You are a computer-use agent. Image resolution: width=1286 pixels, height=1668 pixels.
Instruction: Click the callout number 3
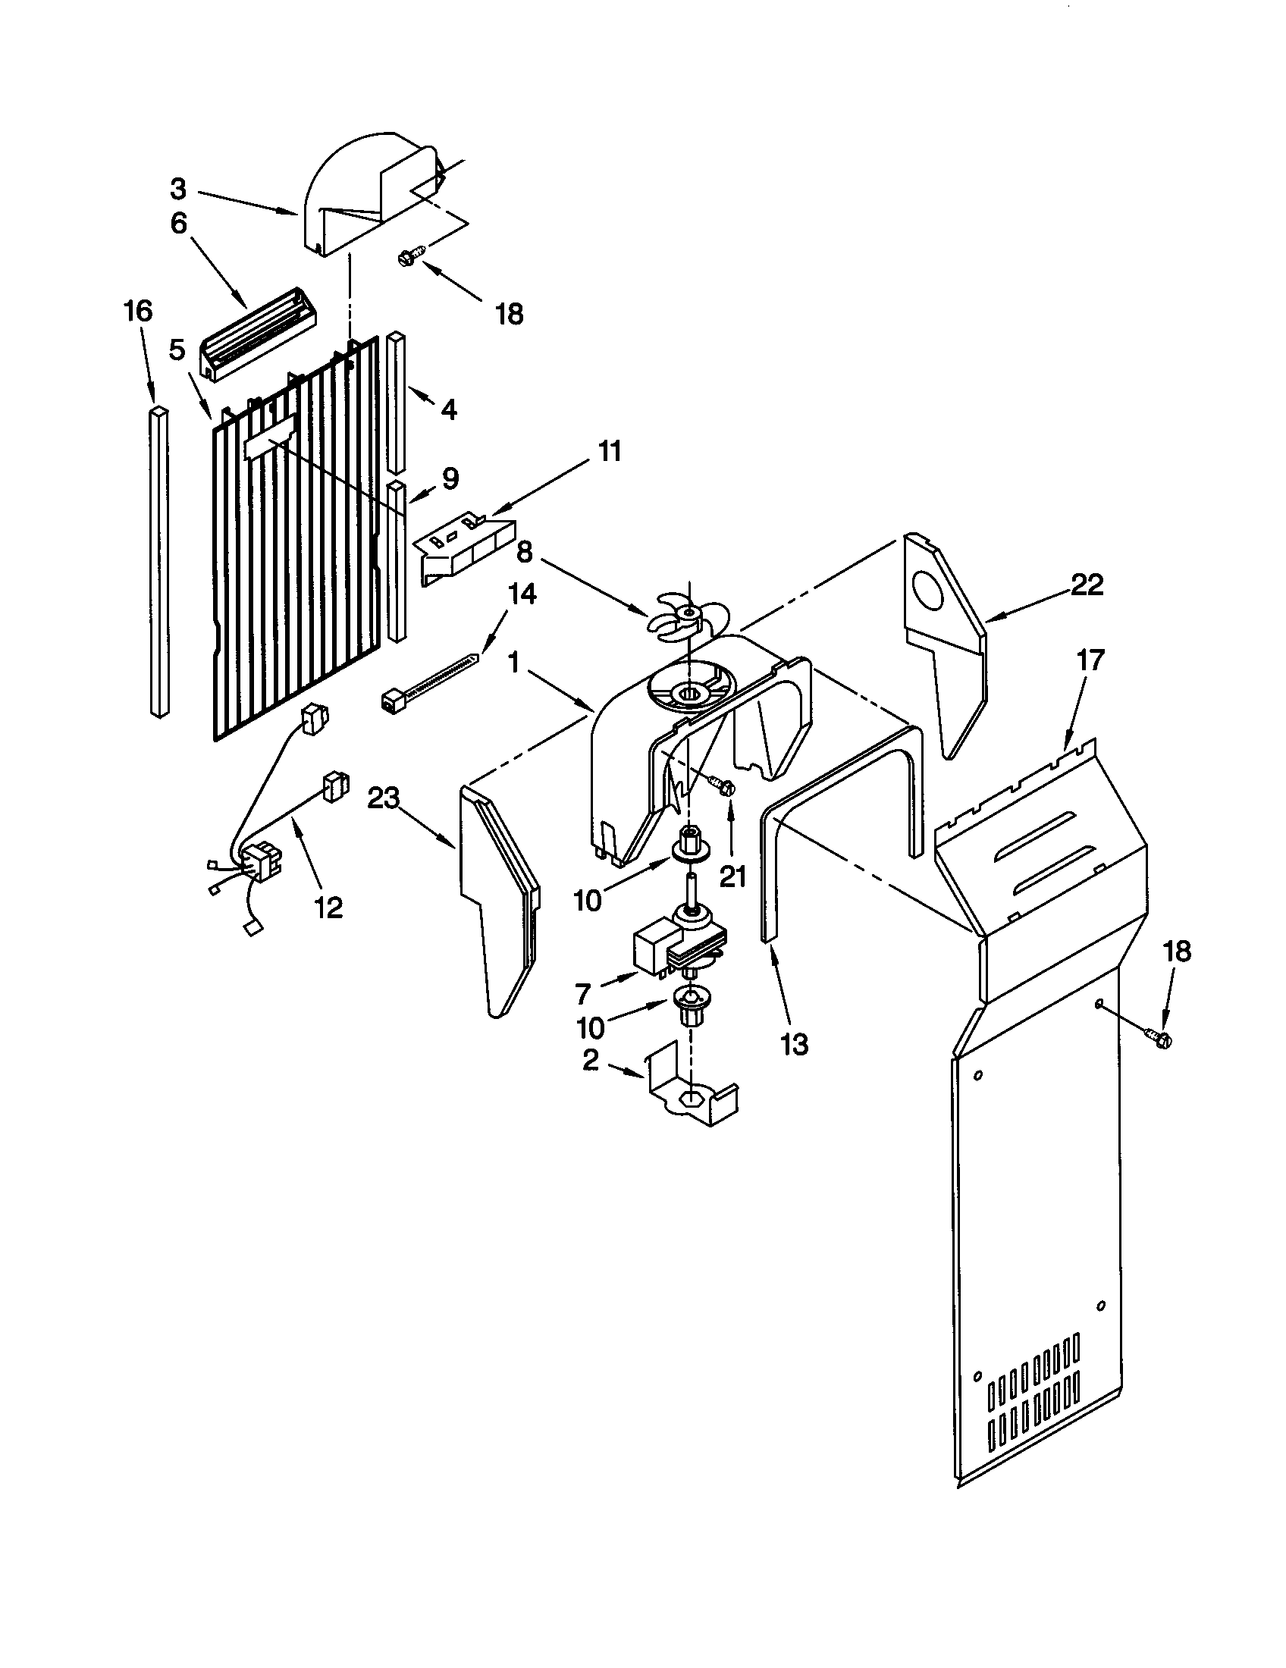click(178, 188)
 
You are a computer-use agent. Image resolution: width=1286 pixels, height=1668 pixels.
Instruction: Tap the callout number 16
click(138, 311)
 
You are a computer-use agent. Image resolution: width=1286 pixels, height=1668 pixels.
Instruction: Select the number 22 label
click(1087, 585)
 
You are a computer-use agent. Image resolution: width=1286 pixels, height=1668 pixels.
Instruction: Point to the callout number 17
click(1090, 659)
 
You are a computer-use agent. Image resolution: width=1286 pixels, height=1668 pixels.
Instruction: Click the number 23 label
click(384, 798)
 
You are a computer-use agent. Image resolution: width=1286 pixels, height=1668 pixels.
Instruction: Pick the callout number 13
click(794, 1044)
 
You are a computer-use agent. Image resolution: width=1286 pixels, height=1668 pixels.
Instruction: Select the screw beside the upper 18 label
click(406, 259)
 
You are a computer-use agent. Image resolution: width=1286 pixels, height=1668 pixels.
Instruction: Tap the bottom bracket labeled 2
click(691, 1103)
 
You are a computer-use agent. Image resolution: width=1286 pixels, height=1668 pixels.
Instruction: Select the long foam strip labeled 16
click(158, 561)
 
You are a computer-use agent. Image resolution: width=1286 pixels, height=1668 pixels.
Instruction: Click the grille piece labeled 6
click(259, 333)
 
